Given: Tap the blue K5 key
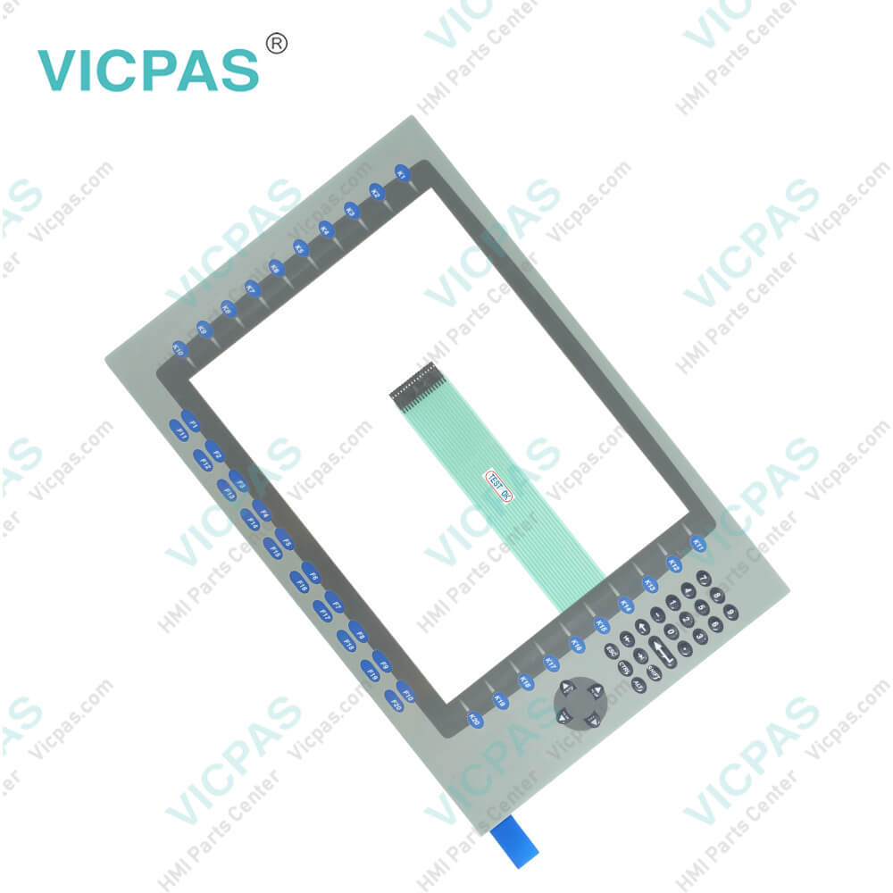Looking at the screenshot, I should point(300,250).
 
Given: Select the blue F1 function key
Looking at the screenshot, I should point(190,419).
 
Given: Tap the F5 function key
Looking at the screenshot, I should point(284,538).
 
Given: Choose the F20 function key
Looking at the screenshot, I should point(394,702).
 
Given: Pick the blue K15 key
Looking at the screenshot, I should point(601,625).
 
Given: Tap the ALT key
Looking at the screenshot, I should point(638,686).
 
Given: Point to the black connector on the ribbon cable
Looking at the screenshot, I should point(413,380).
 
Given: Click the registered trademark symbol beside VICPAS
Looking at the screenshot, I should point(277,42).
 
